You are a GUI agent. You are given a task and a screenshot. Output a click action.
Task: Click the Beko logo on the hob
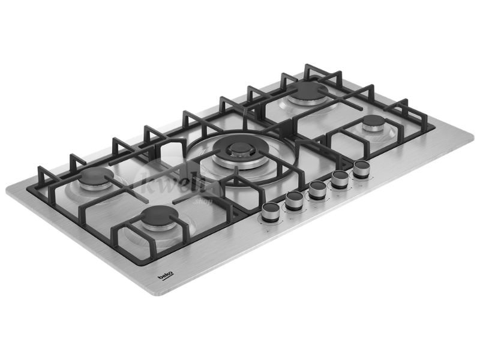pos(166,275)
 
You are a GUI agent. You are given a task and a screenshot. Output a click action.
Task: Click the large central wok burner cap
pos(239,148)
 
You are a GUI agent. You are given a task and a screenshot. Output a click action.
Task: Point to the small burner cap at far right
pos(374,125)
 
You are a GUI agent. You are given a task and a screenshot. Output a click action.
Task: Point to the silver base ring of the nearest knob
pos(271,218)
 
